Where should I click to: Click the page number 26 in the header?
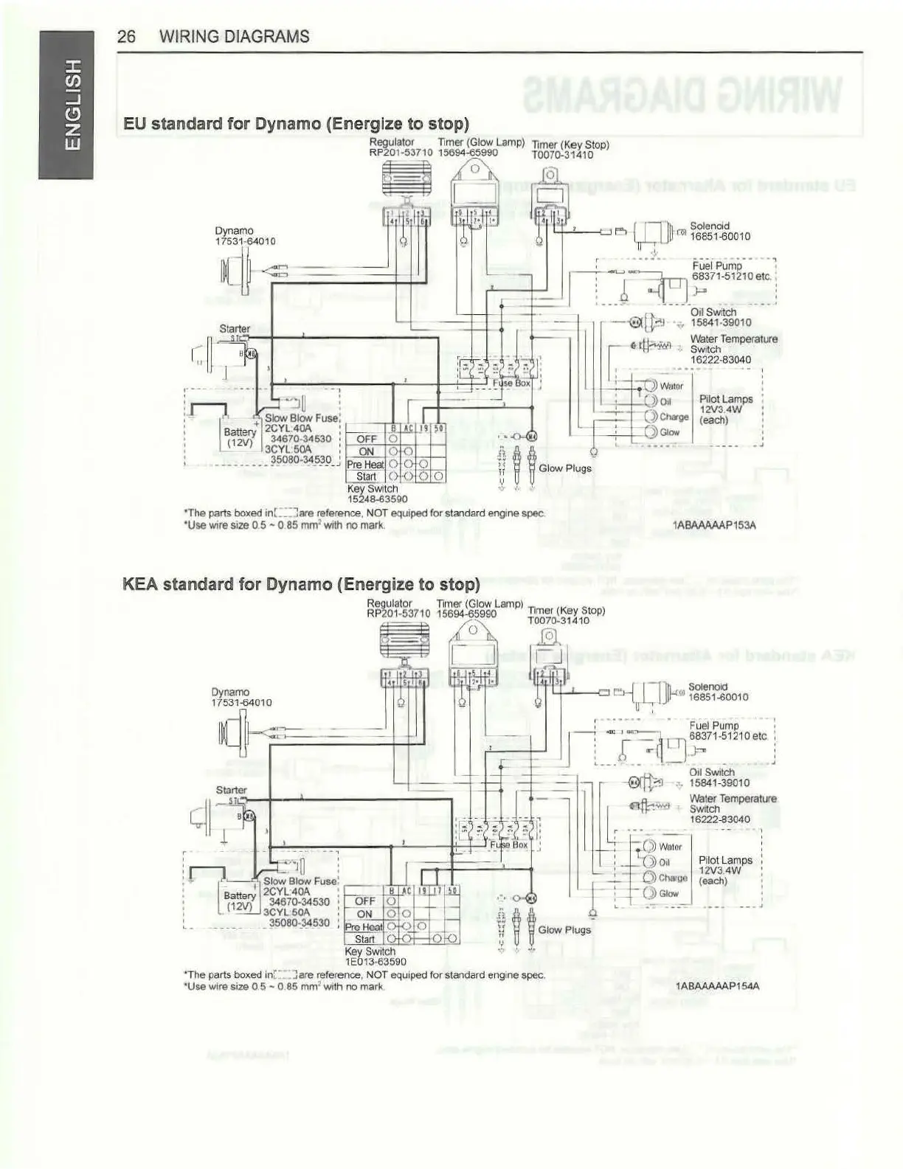point(126,37)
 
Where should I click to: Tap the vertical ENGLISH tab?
point(66,104)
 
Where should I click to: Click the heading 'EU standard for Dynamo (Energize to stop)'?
point(296,123)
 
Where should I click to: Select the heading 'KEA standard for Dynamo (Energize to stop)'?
point(301,585)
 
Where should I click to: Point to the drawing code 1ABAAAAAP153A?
point(714,525)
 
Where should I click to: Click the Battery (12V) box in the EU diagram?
point(240,437)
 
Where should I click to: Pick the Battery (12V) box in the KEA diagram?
point(240,901)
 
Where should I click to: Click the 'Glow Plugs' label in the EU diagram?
point(565,468)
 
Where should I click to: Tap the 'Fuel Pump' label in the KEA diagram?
point(713,726)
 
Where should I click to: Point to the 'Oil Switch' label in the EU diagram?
point(713,312)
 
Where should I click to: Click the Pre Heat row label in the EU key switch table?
point(365,465)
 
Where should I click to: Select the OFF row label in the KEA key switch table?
point(365,901)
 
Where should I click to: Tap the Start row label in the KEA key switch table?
point(364,940)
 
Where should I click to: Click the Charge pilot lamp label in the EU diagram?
point(674,417)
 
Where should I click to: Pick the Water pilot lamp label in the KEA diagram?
point(671,847)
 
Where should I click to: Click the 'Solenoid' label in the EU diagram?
point(710,226)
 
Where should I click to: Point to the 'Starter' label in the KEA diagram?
point(231,790)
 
